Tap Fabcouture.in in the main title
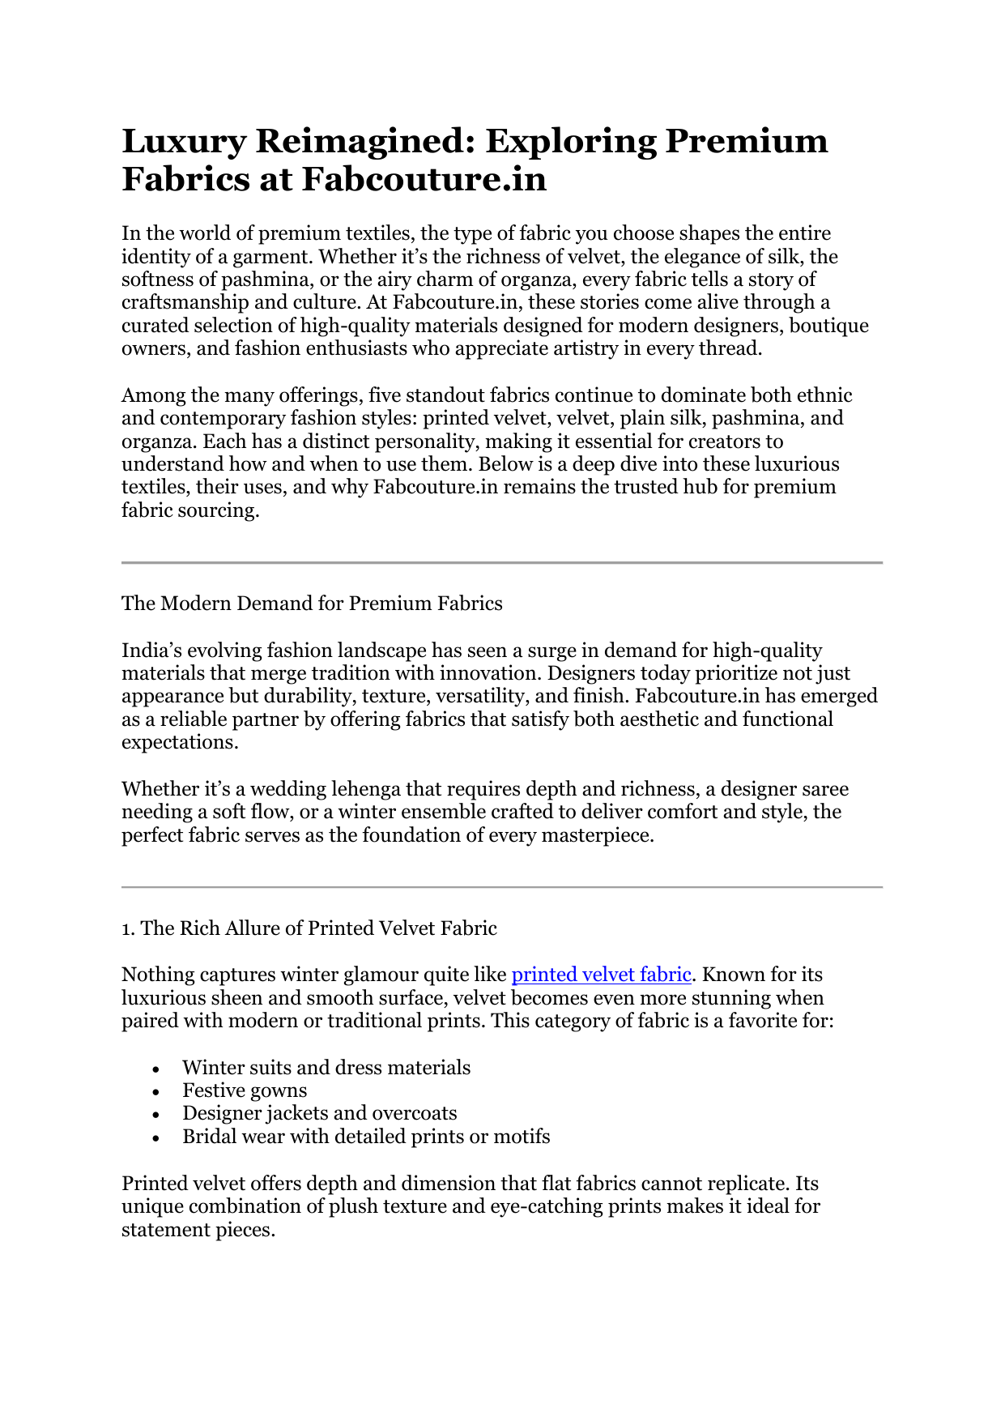tap(424, 179)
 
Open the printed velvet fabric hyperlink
tap(601, 975)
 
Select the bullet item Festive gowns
tap(245, 1090)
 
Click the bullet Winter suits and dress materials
tap(326, 1068)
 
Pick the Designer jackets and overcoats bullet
tap(319, 1113)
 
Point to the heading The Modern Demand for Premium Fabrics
tap(312, 604)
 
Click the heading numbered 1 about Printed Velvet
tap(309, 928)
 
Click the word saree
tap(824, 789)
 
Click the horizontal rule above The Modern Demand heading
tap(502, 562)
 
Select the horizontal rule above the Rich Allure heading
tap(502, 887)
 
